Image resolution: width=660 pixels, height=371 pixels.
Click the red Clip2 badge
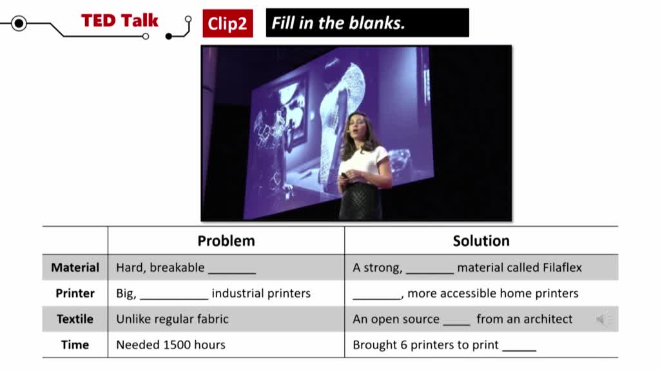tap(228, 24)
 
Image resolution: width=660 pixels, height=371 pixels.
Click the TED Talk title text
tap(119, 21)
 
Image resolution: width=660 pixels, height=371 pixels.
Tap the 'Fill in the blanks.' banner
tap(367, 23)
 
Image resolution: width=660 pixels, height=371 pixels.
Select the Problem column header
tap(226, 241)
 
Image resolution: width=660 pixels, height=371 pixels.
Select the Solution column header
tap(481, 241)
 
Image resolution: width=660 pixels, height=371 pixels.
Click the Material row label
tap(75, 267)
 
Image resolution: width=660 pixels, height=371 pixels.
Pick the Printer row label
tap(75, 293)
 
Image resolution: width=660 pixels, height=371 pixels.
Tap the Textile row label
tap(75, 319)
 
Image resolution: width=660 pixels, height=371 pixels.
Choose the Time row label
tap(75, 345)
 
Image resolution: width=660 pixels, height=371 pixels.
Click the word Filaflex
tap(562, 267)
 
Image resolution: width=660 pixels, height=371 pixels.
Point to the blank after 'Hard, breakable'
tap(232, 273)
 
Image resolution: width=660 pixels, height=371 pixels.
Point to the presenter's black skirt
tap(360, 201)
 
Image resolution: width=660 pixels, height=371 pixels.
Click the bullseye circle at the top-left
tap(19, 23)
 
